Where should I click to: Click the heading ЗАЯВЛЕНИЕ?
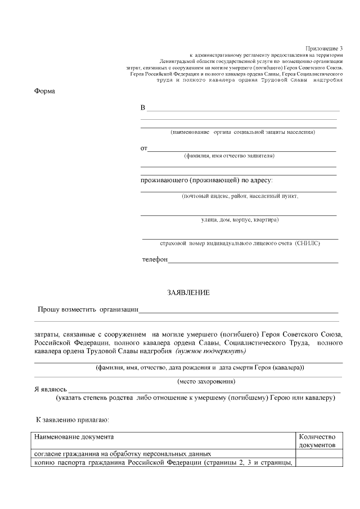pos(188,292)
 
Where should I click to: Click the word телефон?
pos(155,259)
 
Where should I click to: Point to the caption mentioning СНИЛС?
pos(240,244)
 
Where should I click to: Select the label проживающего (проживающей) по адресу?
pos(206,180)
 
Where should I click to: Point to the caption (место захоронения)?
pos(206,381)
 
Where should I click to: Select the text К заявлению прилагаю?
pos(69,420)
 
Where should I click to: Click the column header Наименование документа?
pos(74,436)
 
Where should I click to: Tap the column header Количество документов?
pos(317,440)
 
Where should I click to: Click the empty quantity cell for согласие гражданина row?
pos(317,453)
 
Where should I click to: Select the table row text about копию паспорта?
pos(163,463)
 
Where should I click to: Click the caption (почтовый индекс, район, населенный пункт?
pos(240,196)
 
